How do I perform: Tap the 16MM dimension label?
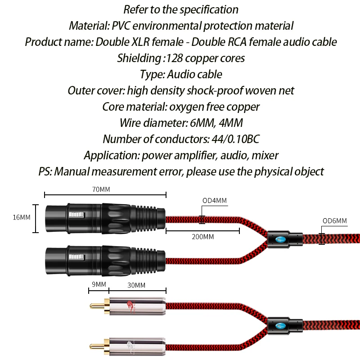22,217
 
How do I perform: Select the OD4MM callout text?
214,201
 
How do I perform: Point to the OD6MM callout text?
335,221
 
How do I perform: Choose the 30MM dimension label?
137,284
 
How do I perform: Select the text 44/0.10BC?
232,139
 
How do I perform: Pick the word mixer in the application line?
263,155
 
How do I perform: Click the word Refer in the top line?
137,9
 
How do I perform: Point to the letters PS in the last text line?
45,171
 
